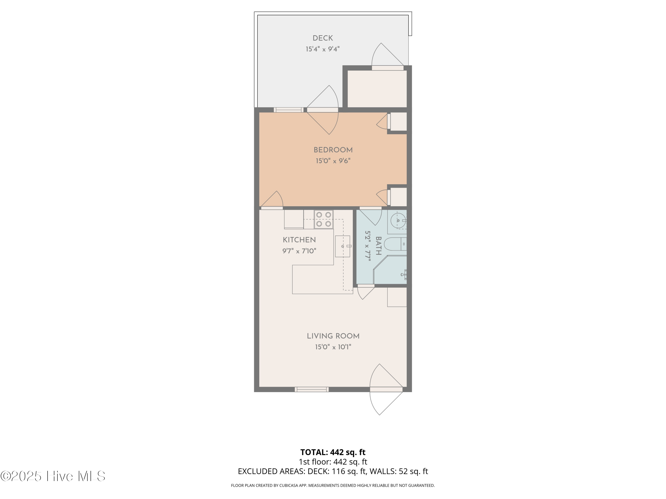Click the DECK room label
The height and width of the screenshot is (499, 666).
pyautogui.click(x=323, y=38)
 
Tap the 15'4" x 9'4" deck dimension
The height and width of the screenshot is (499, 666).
pyautogui.click(x=323, y=49)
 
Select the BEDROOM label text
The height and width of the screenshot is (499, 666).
pyautogui.click(x=333, y=150)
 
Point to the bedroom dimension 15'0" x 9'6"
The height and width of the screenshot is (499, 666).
pyautogui.click(x=333, y=161)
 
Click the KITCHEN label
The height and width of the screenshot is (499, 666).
pyautogui.click(x=299, y=240)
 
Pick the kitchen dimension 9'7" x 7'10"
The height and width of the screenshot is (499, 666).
pyautogui.click(x=299, y=251)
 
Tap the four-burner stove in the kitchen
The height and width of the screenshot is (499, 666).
pyautogui.click(x=324, y=219)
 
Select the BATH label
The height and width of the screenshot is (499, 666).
pyautogui.click(x=379, y=246)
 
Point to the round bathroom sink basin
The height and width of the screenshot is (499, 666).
pyautogui.click(x=398, y=221)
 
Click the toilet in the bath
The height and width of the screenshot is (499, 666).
pyautogui.click(x=395, y=244)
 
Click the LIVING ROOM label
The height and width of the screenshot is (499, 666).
pyautogui.click(x=333, y=336)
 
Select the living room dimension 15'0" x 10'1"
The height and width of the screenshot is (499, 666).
pyautogui.click(x=333, y=347)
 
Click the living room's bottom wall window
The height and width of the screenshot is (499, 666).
pyautogui.click(x=312, y=389)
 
